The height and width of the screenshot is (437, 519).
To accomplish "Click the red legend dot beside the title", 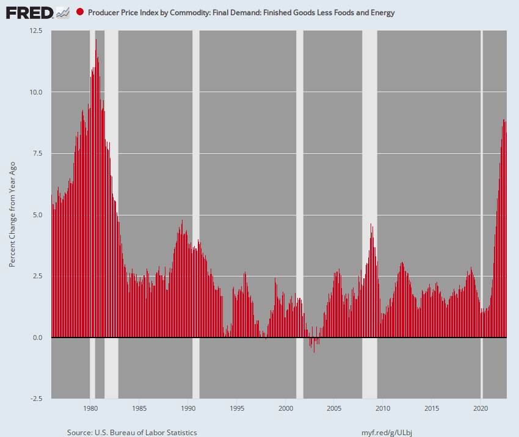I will pyautogui.click(x=80, y=12).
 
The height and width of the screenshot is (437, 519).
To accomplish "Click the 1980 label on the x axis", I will pyautogui.click(x=90, y=408).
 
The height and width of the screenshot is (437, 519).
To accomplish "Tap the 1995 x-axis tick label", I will pyautogui.click(x=237, y=408).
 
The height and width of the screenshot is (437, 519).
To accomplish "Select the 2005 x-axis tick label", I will pyautogui.click(x=334, y=408).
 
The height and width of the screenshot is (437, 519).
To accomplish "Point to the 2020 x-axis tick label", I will pyautogui.click(x=481, y=408).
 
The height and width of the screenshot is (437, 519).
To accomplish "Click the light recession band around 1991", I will pyautogui.click(x=195, y=183).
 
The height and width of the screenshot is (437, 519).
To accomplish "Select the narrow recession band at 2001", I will pyautogui.click(x=300, y=183).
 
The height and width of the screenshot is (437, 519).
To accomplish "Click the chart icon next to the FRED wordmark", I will pyautogui.click(x=62, y=12).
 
